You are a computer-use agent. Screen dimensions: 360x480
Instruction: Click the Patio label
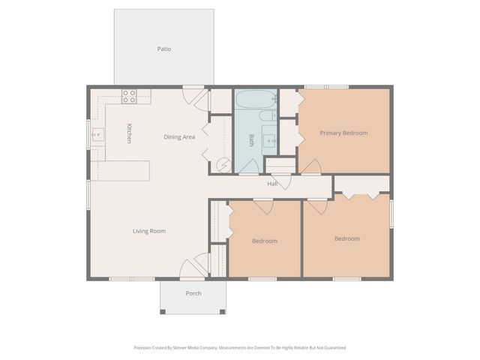click(x=163, y=49)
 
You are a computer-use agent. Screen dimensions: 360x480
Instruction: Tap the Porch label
click(x=193, y=293)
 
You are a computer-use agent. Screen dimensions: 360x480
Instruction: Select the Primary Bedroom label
click(x=343, y=133)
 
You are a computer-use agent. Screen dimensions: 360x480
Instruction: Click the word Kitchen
click(x=129, y=133)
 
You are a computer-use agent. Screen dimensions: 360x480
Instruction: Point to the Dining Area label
click(x=179, y=137)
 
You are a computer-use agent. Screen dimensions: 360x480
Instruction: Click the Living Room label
click(x=148, y=231)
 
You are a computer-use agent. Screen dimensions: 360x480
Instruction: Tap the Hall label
click(x=273, y=184)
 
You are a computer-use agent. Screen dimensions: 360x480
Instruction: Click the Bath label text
click(x=252, y=139)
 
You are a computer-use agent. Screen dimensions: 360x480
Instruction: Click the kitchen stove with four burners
click(x=129, y=96)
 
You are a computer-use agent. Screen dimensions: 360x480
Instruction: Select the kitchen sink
click(x=97, y=135)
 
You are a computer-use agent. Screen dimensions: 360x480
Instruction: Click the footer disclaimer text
click(x=239, y=348)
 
